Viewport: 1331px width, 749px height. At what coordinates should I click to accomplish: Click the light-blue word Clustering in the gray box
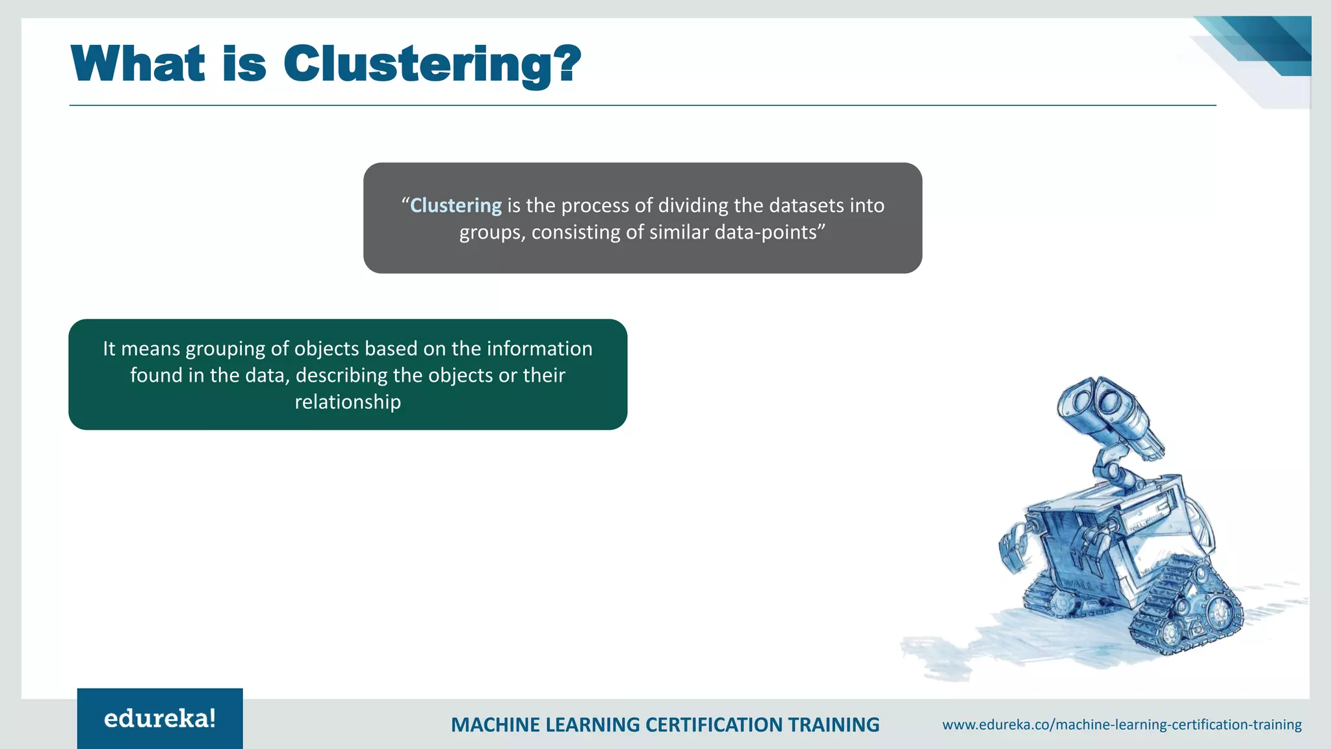click(456, 205)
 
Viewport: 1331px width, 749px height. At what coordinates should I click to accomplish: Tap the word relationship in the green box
click(348, 402)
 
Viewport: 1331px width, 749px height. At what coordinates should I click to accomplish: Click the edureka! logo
click(160, 718)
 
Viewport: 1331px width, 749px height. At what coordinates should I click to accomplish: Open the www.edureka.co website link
click(1122, 724)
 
